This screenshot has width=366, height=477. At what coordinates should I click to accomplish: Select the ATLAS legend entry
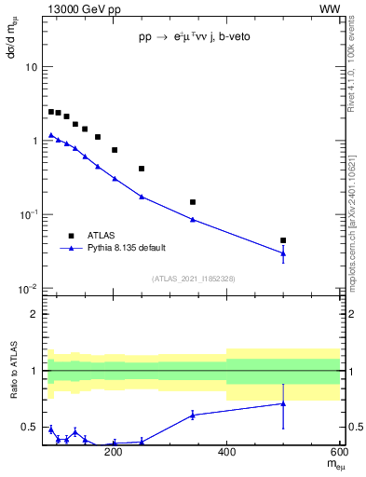pos(103,235)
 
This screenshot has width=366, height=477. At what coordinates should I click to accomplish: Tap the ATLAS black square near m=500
pos(283,240)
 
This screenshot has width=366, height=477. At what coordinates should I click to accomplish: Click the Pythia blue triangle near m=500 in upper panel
pos(283,252)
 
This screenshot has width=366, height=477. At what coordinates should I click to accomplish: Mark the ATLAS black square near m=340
pos(193,202)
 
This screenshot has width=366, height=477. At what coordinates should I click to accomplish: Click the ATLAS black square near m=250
pos(142,169)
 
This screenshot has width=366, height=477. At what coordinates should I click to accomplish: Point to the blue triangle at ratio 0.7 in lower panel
pos(283,403)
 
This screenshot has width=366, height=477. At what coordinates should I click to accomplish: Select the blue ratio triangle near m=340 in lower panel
pos(193,415)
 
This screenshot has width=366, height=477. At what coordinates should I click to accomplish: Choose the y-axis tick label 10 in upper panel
pos(31,68)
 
